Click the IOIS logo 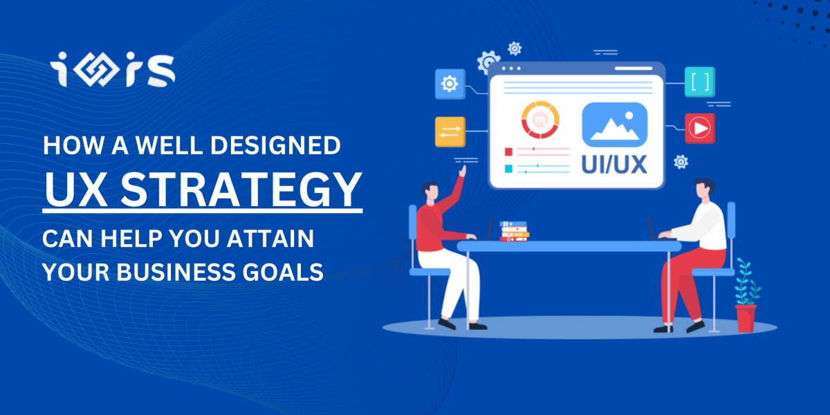tap(112, 70)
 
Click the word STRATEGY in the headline tap(241, 190)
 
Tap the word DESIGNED tap(275, 145)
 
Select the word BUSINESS tap(175, 273)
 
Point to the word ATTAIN tap(270, 239)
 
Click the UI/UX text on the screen tap(614, 164)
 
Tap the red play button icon tap(699, 129)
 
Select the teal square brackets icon tap(699, 82)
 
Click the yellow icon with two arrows tap(450, 132)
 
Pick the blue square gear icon tap(450, 84)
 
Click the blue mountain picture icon tap(615, 125)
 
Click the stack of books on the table tap(515, 232)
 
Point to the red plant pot tap(746, 318)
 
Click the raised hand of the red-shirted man tap(463, 172)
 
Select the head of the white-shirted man tap(703, 189)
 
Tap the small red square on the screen tap(509, 152)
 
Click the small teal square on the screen tap(509, 169)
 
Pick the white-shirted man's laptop tap(658, 230)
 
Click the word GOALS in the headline tap(283, 273)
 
